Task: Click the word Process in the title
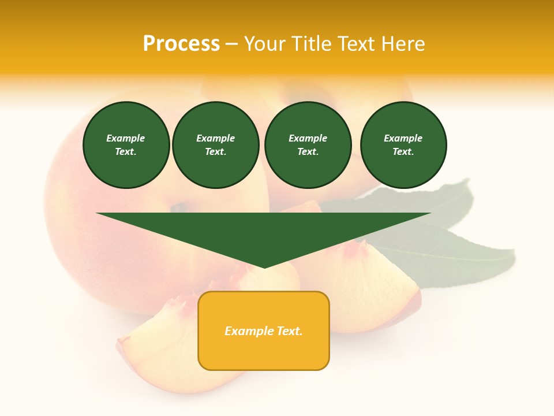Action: (x=181, y=44)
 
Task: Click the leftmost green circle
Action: (x=126, y=145)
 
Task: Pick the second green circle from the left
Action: (x=216, y=145)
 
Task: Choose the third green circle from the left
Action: (x=308, y=145)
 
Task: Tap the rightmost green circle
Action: (x=403, y=145)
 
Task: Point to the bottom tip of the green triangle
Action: (x=264, y=268)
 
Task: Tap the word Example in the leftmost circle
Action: (x=126, y=138)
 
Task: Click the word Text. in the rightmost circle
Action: (x=403, y=152)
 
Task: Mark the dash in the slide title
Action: (x=231, y=44)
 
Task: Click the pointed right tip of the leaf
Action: (x=513, y=251)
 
